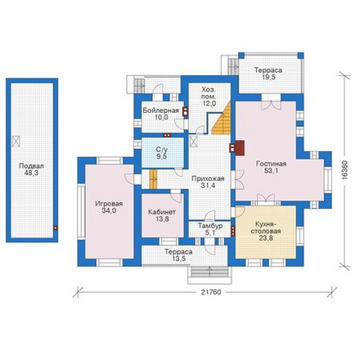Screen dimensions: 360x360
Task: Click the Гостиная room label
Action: pos(271,164)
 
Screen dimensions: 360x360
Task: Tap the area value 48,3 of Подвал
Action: pos(31,173)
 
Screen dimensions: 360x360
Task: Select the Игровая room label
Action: pos(109,204)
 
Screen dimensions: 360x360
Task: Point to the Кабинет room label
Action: pos(162,212)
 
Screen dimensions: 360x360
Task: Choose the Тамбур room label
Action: pos(210,226)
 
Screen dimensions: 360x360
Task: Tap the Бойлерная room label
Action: pos(161,110)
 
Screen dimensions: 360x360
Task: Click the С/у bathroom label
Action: pos(161,150)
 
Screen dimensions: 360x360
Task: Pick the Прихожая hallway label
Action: pos(208,178)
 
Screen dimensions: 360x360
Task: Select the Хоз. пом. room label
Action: pos(209,93)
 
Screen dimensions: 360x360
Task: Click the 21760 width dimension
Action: pos(211,292)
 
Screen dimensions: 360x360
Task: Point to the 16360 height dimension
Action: pos(344,169)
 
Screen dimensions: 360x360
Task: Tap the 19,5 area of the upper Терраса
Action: pos(268,77)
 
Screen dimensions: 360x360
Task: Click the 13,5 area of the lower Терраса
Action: pos(178,259)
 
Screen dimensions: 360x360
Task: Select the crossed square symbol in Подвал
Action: pos(16,142)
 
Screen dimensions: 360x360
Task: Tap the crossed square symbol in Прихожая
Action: pos(194,142)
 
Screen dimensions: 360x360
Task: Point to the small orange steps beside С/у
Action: pos(154,179)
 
